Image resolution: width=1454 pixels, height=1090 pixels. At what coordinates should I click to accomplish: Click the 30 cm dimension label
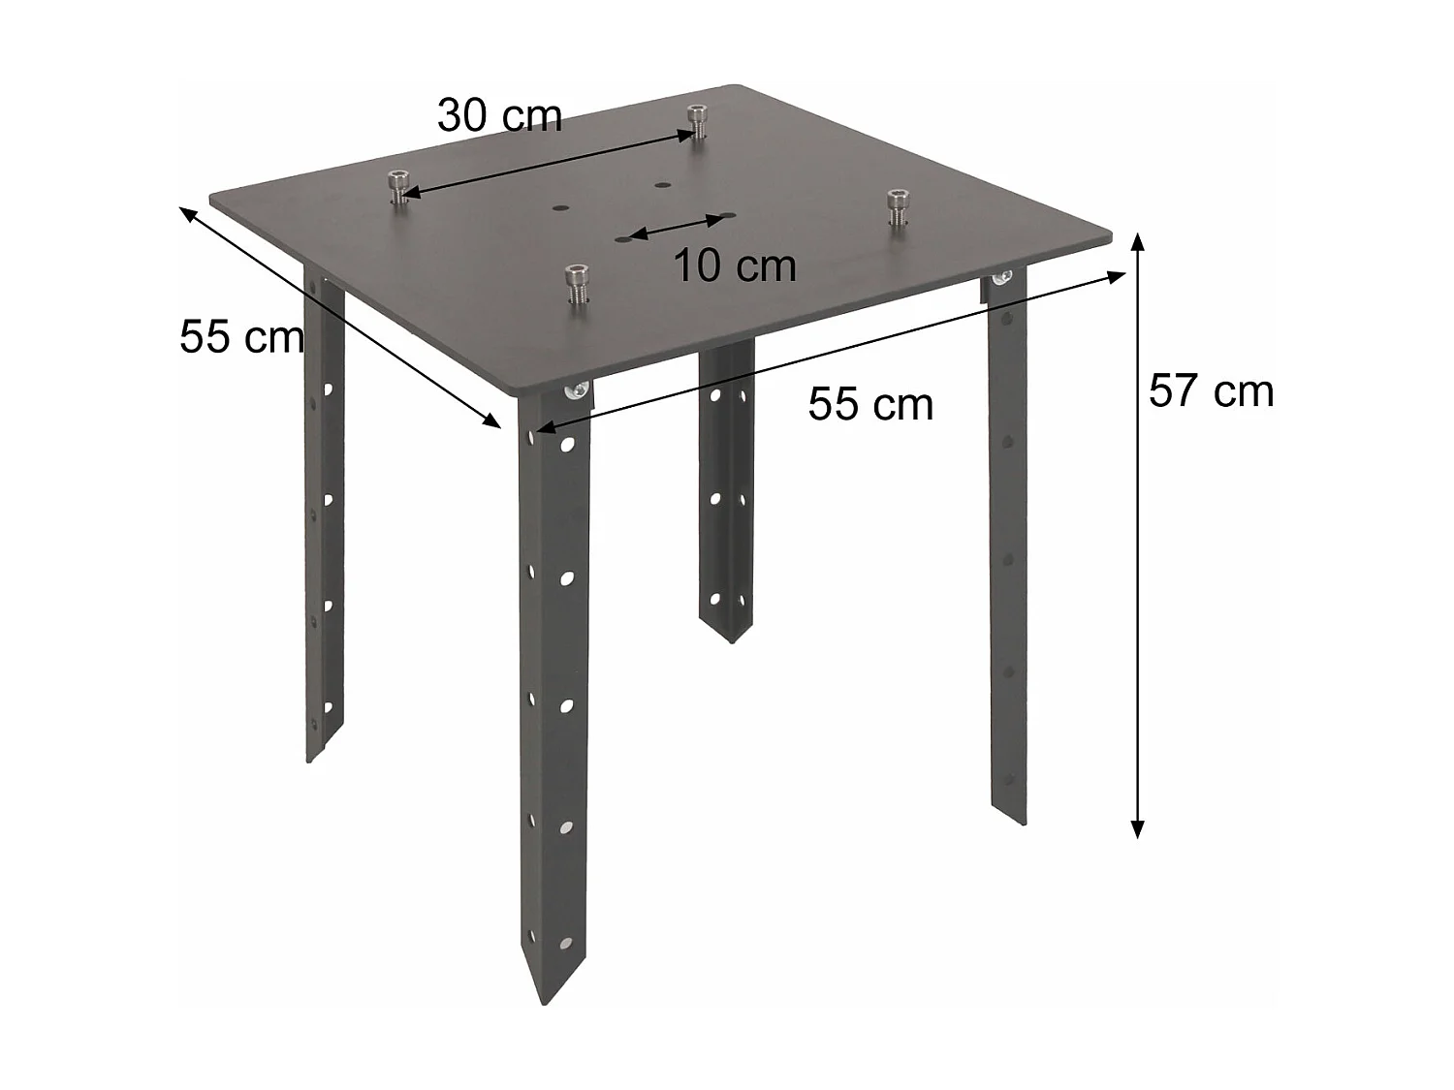click(499, 115)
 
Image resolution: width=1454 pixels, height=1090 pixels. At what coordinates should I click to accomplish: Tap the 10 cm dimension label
click(735, 265)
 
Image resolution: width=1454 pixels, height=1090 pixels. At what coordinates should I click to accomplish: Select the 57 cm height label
click(1211, 390)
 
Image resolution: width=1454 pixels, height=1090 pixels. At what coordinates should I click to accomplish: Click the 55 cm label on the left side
click(241, 337)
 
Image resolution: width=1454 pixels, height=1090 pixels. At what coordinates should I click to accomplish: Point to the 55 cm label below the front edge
click(870, 403)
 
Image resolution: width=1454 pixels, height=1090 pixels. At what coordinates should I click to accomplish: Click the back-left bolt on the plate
click(397, 186)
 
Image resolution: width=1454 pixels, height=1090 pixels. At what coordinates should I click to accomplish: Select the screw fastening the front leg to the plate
click(577, 390)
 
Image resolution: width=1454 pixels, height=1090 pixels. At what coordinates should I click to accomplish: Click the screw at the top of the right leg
click(1001, 280)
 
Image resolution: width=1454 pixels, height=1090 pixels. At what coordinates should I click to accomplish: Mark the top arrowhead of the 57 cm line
click(1139, 239)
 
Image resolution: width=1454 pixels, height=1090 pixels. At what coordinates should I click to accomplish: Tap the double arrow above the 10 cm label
click(677, 226)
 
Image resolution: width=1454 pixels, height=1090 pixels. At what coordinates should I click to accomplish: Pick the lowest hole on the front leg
click(564, 942)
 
